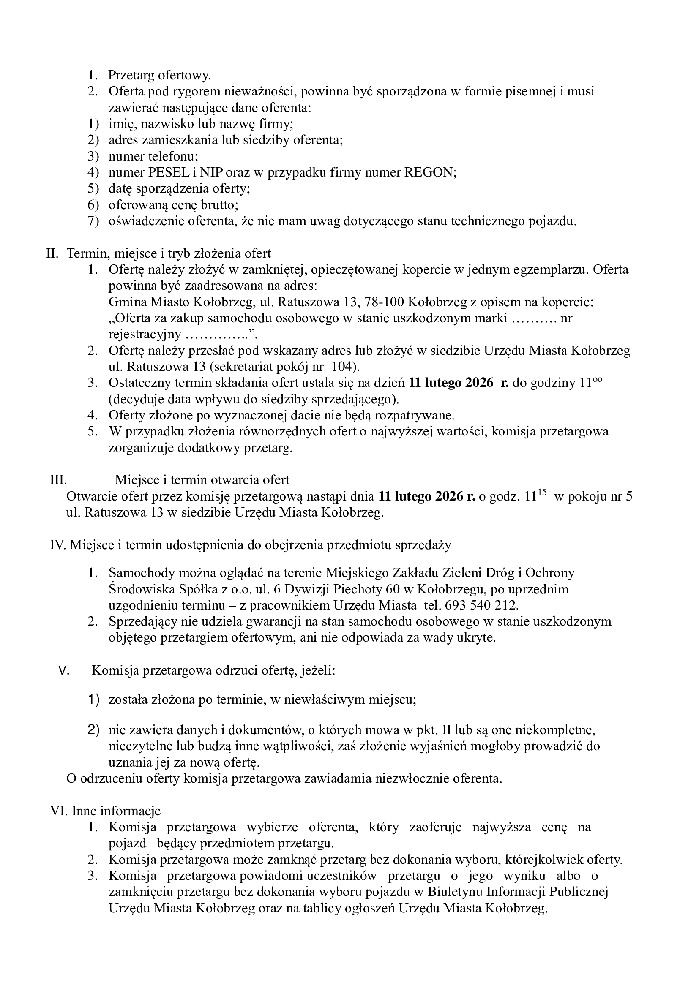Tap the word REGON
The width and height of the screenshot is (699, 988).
click(429, 173)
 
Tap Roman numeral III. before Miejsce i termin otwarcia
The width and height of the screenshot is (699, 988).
click(57, 480)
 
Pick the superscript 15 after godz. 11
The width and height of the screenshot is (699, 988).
click(542, 493)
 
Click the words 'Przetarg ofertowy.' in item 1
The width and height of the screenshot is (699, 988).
click(159, 75)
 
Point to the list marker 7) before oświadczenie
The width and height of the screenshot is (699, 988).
click(93, 221)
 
